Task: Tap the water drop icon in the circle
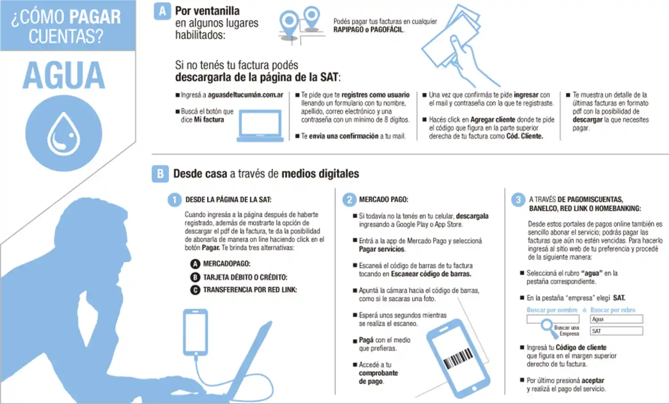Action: pyautogui.click(x=64, y=134)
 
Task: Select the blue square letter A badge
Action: pyautogui.click(x=162, y=11)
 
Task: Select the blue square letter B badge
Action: pyautogui.click(x=160, y=174)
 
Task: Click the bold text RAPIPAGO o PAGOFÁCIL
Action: pyautogui.click(x=368, y=30)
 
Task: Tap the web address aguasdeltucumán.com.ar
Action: pyautogui.click(x=245, y=95)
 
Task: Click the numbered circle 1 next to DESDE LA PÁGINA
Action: pyautogui.click(x=174, y=200)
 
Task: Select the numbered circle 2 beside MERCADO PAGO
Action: pyautogui.click(x=349, y=200)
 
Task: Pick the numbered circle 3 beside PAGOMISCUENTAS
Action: pyautogui.click(x=518, y=200)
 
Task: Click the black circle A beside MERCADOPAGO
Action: pyautogui.click(x=195, y=264)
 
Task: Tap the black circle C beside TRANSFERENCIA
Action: pyautogui.click(x=195, y=290)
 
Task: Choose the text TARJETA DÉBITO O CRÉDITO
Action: pyautogui.click(x=245, y=277)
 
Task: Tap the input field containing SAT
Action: pyautogui.click(x=616, y=331)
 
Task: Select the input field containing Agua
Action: pyautogui.click(x=616, y=319)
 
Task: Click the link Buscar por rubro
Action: pyautogui.click(x=613, y=310)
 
